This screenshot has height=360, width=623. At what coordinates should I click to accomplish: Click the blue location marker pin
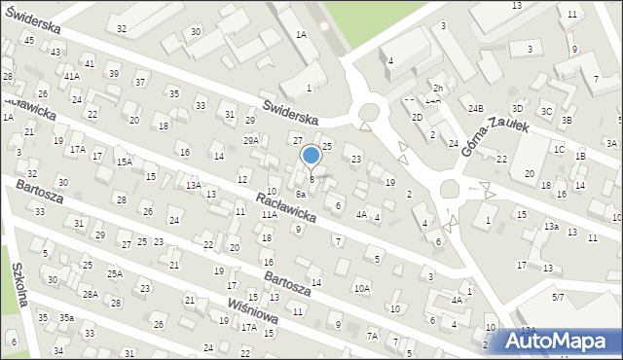(311, 156)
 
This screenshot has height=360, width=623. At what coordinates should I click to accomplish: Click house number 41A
(71, 76)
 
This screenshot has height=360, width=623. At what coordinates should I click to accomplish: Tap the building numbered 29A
(251, 141)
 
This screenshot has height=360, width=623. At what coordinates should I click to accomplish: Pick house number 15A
(125, 162)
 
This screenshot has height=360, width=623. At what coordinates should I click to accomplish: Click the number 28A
(90, 294)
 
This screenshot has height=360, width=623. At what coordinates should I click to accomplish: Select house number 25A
(115, 274)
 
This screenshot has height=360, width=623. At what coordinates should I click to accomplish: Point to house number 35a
(66, 318)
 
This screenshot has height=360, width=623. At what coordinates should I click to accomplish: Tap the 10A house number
(361, 288)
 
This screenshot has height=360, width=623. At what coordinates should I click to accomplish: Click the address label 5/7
(558, 296)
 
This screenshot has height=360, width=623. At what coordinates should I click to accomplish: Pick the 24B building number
(474, 108)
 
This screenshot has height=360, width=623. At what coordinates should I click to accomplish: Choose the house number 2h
(438, 89)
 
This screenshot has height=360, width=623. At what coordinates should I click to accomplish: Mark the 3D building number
(517, 108)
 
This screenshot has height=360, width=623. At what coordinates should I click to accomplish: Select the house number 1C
(559, 150)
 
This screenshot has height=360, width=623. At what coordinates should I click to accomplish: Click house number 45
(29, 40)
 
